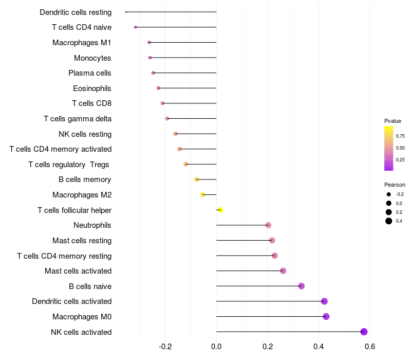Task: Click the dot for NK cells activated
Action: tap(364, 332)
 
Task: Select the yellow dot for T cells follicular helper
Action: tap(220, 210)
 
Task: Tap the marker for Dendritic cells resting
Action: tap(126, 12)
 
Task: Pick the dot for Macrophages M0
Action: tap(326, 316)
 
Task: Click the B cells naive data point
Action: tap(302, 286)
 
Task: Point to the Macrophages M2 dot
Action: tap(202, 195)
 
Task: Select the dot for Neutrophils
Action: tap(268, 225)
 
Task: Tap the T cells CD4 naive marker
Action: tap(135, 27)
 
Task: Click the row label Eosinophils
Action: tap(92, 88)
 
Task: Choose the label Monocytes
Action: tap(92, 58)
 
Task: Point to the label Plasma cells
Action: tap(89, 73)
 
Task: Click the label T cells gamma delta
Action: tap(78, 119)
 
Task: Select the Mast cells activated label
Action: tap(78, 271)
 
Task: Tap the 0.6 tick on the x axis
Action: tap(370, 346)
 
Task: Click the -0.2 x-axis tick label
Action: tap(165, 346)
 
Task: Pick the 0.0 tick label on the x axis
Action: tap(216, 346)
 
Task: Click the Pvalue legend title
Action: tap(393, 121)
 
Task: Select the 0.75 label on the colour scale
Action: tap(400, 136)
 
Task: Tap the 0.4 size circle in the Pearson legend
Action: tap(389, 221)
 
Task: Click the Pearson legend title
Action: tap(395, 185)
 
